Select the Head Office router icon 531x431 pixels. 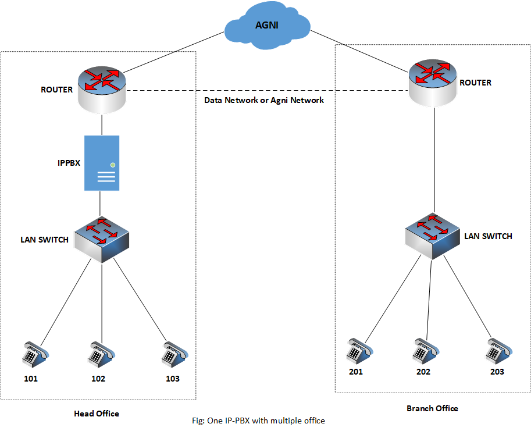tap(102, 87)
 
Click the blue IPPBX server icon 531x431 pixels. tap(102, 163)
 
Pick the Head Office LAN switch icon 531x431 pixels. tap(102, 237)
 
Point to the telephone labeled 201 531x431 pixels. tap(356, 349)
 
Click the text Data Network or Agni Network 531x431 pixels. tap(264, 100)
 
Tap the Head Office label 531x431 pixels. tap(97, 414)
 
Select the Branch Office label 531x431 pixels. tap(432, 408)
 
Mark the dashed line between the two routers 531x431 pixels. tap(268, 91)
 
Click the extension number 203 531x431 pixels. tap(497, 372)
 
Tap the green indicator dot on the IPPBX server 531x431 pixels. tap(113, 165)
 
